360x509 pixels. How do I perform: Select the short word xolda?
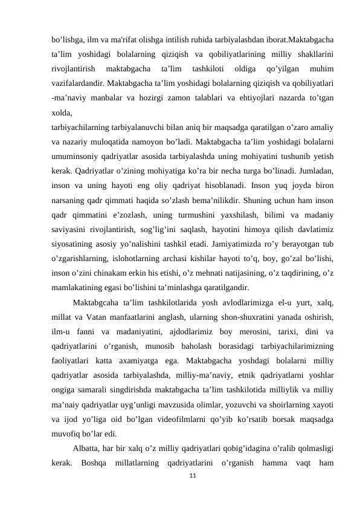[x=62, y=112]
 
